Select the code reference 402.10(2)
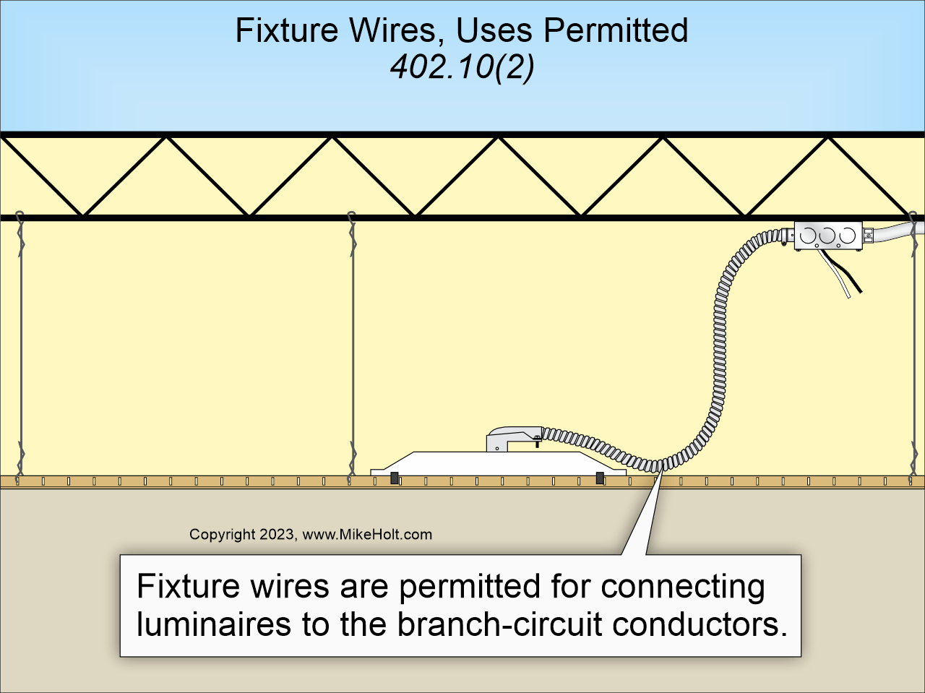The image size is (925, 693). coord(462,68)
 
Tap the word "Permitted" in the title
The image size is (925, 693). coord(615,31)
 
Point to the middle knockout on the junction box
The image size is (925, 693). coord(828,235)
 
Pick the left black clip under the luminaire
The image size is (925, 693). coord(395,478)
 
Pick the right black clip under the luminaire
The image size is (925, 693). coord(600,478)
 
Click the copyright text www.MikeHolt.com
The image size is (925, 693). coord(366,535)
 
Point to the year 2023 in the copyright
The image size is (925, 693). coord(277,535)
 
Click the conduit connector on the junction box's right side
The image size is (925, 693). coord(869,235)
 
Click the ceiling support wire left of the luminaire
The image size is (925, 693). coord(353,347)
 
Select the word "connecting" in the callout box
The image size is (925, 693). coord(682,586)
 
